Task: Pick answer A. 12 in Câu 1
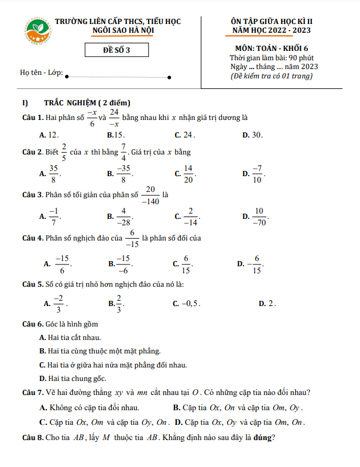49,135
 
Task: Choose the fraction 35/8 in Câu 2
53,173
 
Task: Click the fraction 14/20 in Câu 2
188,173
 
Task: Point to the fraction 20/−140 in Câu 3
150,195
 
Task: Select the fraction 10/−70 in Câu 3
259,217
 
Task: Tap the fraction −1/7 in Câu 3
53,217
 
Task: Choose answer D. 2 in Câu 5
267,304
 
